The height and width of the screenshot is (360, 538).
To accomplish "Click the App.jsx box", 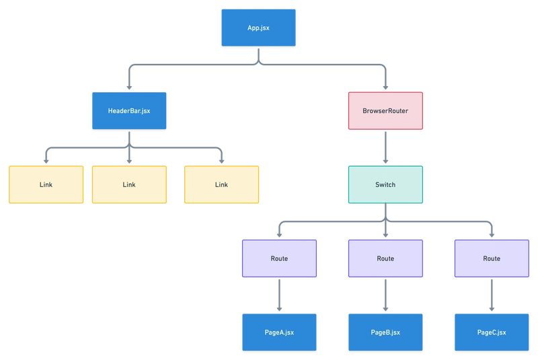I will (258, 28).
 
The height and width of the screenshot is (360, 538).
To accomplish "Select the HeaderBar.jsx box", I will (128, 110).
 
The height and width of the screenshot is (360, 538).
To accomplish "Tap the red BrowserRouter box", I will (385, 111).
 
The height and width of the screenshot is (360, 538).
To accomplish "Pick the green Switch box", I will (385, 184).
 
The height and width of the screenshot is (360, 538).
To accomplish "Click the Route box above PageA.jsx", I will (279, 258).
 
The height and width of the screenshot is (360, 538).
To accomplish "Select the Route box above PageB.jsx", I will (385, 258).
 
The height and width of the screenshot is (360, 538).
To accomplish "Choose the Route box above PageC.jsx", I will (492, 258).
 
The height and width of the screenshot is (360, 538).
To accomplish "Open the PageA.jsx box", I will (279, 332).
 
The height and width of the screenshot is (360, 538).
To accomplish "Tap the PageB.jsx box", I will (385, 332).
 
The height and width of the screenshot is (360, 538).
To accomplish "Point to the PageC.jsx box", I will (492, 332).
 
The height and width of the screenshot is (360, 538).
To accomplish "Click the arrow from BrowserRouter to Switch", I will (385, 147).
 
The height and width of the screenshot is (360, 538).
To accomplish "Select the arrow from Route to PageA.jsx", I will (279, 295).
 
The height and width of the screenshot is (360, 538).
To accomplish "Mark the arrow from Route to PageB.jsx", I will (385, 295).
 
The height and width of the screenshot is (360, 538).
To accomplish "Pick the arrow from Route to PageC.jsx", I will (492, 295).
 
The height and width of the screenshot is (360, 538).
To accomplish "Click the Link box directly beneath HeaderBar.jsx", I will (128, 184).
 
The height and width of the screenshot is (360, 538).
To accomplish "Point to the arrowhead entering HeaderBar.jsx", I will (128, 87).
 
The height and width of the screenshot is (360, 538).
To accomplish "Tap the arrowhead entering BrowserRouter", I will (385, 87).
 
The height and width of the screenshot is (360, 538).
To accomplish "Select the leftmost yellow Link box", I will (45, 184).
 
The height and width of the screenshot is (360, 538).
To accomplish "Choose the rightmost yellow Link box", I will (221, 184).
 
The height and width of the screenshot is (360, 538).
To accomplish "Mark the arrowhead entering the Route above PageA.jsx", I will (279, 234).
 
